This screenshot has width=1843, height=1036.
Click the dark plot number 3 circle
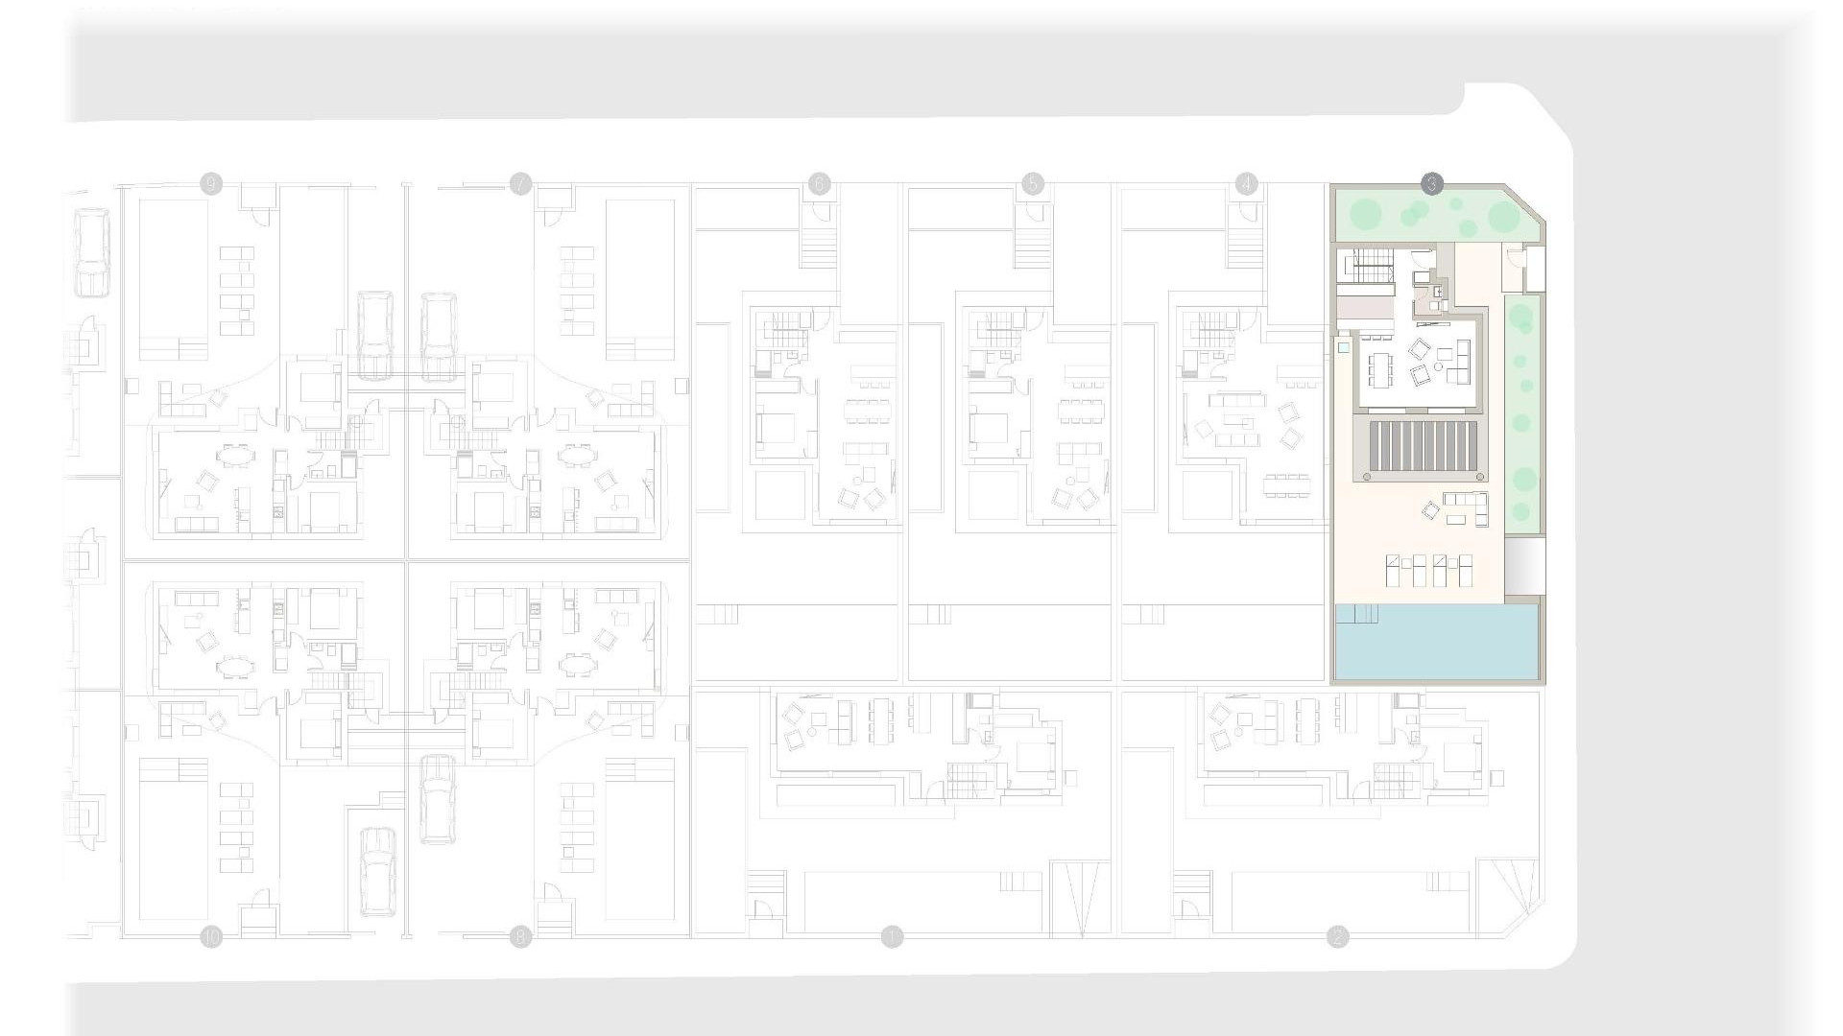click(x=1431, y=184)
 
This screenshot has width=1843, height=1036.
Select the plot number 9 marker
click(x=211, y=184)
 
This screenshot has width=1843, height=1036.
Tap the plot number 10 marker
click(x=211, y=936)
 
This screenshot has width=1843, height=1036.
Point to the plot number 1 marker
click(x=893, y=936)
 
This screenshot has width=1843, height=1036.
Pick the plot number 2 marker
click(x=1337, y=936)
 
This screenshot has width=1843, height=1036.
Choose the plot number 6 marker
click(x=819, y=184)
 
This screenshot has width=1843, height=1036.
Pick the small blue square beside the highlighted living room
click(x=1344, y=348)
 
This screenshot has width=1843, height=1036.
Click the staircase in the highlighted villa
click(x=1371, y=266)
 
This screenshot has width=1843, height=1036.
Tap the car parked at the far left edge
click(x=91, y=253)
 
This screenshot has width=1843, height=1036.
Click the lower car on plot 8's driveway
click(x=378, y=871)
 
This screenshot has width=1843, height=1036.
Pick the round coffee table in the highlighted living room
click(x=1439, y=366)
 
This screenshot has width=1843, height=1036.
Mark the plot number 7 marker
click(x=520, y=184)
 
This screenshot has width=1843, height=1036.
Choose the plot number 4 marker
click(x=1246, y=184)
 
